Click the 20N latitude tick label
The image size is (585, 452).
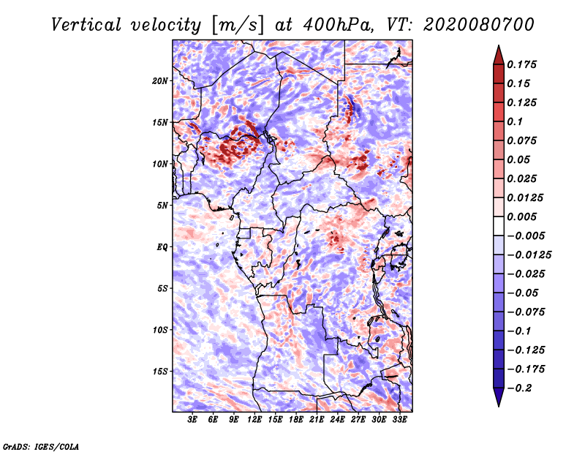click(160, 80)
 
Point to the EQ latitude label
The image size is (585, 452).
click(162, 246)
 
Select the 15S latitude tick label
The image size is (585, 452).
click(160, 371)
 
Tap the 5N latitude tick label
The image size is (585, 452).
click(162, 206)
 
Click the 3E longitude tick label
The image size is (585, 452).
click(193, 420)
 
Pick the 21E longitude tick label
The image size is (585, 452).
click(317, 420)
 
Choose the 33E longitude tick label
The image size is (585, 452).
click(399, 420)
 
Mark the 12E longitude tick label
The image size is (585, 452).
click(255, 420)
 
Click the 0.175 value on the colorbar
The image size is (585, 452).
click(524, 64)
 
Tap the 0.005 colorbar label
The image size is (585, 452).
click(524, 216)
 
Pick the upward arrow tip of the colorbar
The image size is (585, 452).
click(498, 48)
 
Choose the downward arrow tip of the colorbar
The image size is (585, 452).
click(498, 404)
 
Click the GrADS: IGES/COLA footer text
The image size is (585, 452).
click(41, 445)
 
